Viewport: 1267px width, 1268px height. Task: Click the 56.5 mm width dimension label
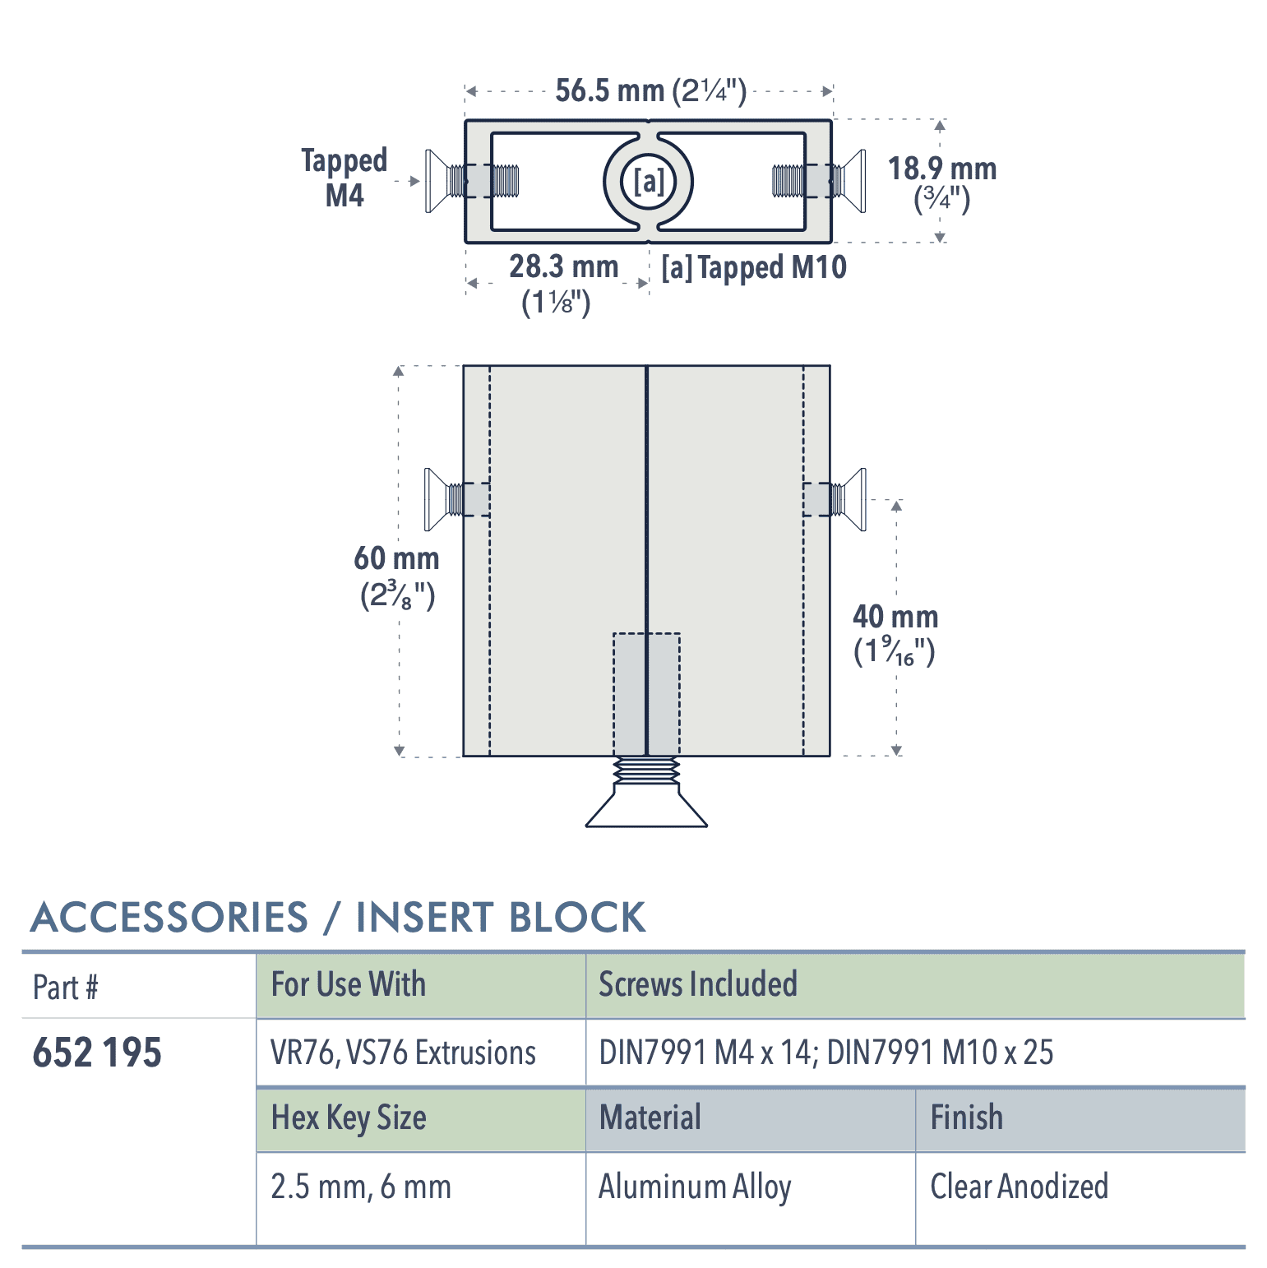650,90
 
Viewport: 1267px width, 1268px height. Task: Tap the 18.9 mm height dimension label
941,182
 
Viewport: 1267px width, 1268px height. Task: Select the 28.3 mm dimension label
562,282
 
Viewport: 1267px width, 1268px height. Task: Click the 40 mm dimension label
895,632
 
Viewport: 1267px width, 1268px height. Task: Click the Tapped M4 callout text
344,178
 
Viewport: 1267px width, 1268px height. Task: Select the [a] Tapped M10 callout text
753,267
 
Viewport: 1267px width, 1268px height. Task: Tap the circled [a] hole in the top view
649,181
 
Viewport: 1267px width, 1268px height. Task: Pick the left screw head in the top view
437,181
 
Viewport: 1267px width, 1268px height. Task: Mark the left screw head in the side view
436,499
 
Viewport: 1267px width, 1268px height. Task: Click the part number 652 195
97,1053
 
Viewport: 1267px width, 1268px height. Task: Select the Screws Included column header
697,984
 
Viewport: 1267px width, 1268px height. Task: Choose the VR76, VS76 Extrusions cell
403,1053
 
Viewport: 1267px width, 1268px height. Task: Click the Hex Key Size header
349,1118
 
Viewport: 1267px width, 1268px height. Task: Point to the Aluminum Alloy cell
695,1187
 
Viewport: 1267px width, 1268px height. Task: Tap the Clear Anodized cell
1019,1187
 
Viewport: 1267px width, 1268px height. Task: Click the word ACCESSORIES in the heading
169,918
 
